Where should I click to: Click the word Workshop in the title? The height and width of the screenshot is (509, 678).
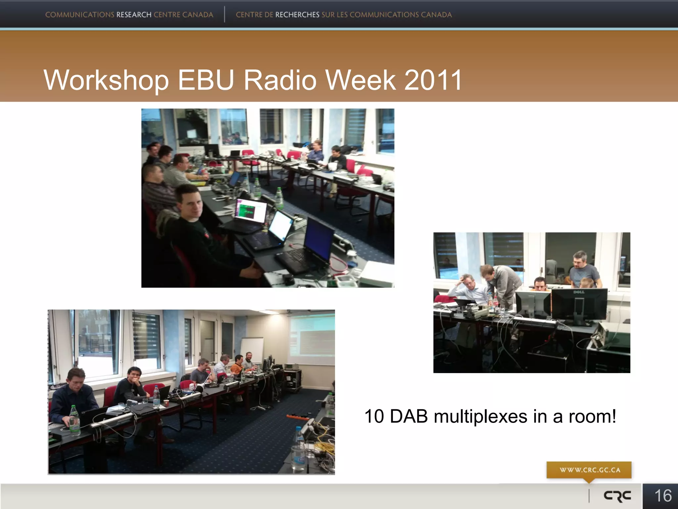tap(106, 81)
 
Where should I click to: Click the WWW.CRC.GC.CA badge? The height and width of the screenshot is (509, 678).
tap(589, 470)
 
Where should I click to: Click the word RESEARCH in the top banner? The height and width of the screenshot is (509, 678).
tap(134, 15)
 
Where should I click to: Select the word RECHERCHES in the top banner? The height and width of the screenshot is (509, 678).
tap(297, 15)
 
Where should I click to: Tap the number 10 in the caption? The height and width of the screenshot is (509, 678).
tap(374, 416)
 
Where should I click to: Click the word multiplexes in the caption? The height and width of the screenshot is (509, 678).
tap(480, 416)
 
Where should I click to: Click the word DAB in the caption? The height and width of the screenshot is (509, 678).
tap(409, 416)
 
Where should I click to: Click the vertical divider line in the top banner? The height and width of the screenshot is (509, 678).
tap(224, 14)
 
